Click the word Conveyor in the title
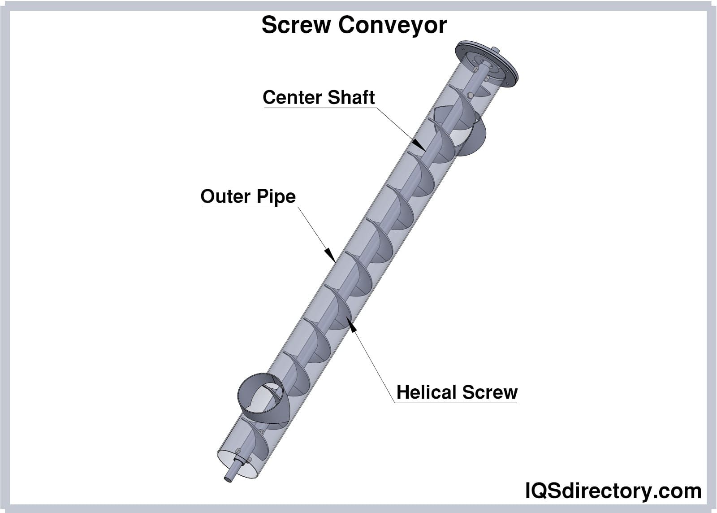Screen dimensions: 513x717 pos(393,25)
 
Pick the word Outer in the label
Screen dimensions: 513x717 pos(225,196)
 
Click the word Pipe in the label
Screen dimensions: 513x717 pos(276,197)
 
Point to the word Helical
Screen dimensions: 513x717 pos(427,392)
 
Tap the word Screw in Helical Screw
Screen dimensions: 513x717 pos(490,392)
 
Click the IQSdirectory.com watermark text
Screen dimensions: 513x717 pos(613,491)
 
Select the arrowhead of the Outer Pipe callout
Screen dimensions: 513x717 pos(331,255)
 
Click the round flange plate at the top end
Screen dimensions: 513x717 pos(486,63)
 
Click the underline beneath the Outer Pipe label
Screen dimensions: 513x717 pos(249,207)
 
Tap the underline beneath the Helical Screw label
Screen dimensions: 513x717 pos(456,403)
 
